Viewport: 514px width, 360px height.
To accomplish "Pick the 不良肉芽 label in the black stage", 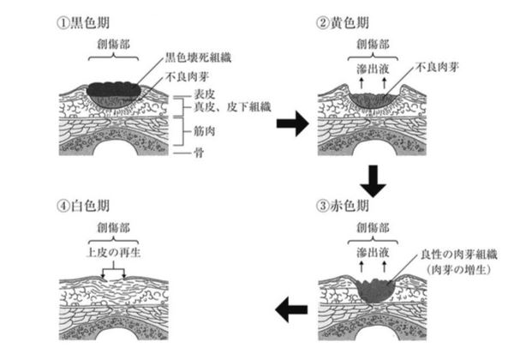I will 186,79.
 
